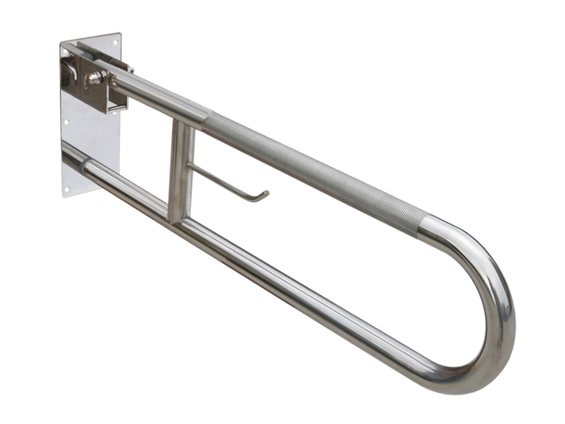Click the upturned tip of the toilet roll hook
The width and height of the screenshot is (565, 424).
[x=263, y=193]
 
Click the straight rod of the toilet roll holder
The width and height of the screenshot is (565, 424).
[x=225, y=180]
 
